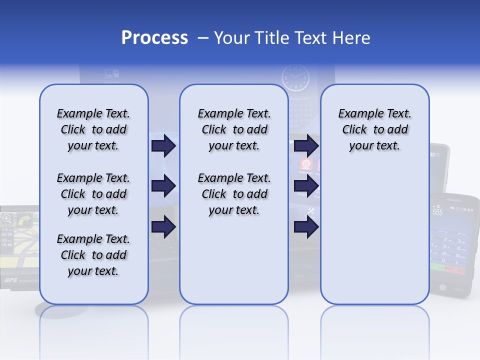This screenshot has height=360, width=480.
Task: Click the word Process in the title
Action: tap(154, 38)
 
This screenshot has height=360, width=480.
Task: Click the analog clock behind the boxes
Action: tap(295, 79)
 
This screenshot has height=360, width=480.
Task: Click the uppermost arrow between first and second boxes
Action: tap(163, 145)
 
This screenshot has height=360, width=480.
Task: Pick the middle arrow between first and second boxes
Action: tap(163, 186)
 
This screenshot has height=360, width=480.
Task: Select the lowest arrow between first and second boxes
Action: tap(163, 227)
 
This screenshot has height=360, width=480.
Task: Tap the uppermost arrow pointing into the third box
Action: tap(306, 145)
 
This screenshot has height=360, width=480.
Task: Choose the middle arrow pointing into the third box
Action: tap(306, 186)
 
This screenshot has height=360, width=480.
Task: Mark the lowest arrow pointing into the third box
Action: tap(306, 227)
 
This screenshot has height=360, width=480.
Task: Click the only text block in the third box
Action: tap(374, 129)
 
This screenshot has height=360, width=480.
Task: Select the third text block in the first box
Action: tap(93, 255)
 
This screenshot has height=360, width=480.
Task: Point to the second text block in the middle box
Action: tap(234, 194)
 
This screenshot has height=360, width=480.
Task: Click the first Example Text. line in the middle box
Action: tap(234, 113)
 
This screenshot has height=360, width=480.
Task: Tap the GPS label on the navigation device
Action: tap(11, 280)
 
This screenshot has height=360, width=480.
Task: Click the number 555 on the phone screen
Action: tap(437, 212)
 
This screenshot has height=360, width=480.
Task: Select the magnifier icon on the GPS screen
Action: tap(7, 218)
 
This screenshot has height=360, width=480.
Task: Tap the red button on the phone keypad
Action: tap(455, 269)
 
